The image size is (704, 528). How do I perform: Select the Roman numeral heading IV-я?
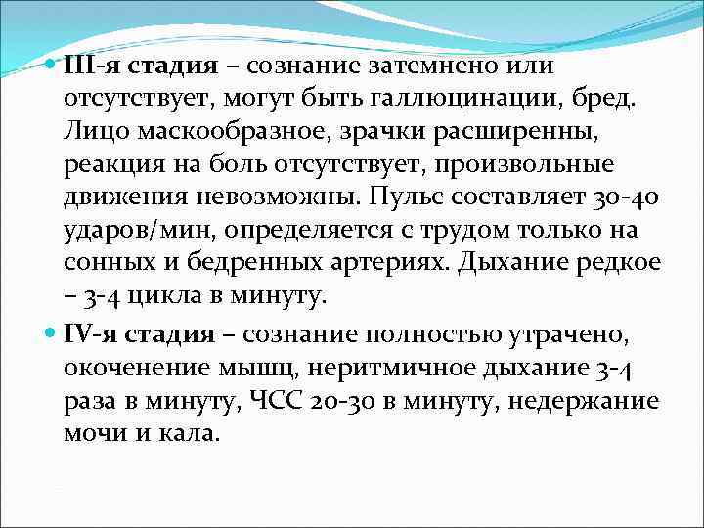click(91, 334)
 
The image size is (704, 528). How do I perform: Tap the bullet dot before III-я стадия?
click(51, 66)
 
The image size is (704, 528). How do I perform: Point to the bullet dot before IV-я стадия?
click(51, 334)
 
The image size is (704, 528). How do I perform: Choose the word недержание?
click(600, 402)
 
